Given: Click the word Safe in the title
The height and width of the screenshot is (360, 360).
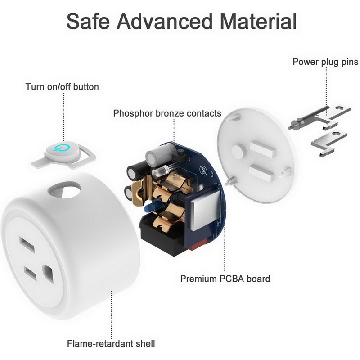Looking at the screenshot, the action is [88, 21].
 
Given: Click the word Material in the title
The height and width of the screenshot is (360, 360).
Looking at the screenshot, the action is [258, 21].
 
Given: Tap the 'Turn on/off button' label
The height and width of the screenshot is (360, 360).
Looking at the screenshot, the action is [62, 87].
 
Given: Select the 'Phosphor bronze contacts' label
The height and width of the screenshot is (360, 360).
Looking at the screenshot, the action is [167, 113].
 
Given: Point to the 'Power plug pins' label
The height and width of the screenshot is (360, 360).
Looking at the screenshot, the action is [325, 62].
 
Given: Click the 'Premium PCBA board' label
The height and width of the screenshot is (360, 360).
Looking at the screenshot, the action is [225, 279].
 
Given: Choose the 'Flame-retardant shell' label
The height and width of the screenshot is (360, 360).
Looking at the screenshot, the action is [111, 343].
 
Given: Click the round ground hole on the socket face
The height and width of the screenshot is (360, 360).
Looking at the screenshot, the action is [49, 274].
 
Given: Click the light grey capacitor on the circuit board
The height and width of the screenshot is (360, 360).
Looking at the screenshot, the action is [159, 154].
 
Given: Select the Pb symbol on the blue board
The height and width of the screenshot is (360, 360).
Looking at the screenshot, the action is [203, 170].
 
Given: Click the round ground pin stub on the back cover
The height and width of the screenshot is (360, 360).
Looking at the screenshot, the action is [239, 152].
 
